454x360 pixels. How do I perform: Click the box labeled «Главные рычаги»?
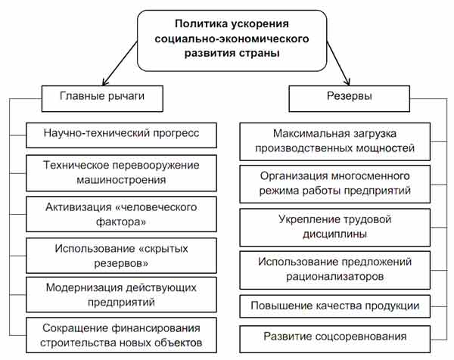102,98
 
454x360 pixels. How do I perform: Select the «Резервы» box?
349,98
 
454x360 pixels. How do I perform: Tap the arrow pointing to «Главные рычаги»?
120,63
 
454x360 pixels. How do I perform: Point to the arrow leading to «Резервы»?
338,63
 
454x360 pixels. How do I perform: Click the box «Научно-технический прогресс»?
121,135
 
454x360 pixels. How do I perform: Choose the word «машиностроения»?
121,180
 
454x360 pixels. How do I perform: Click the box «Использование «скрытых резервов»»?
121,256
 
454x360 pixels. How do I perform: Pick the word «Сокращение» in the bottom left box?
75,328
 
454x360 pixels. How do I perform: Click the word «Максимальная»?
311,133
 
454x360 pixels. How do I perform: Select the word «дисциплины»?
334,234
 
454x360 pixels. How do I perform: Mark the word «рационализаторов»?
335,276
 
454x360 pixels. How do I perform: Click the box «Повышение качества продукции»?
335,306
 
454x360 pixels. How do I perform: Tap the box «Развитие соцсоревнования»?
335,339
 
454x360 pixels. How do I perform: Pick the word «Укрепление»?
305,219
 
